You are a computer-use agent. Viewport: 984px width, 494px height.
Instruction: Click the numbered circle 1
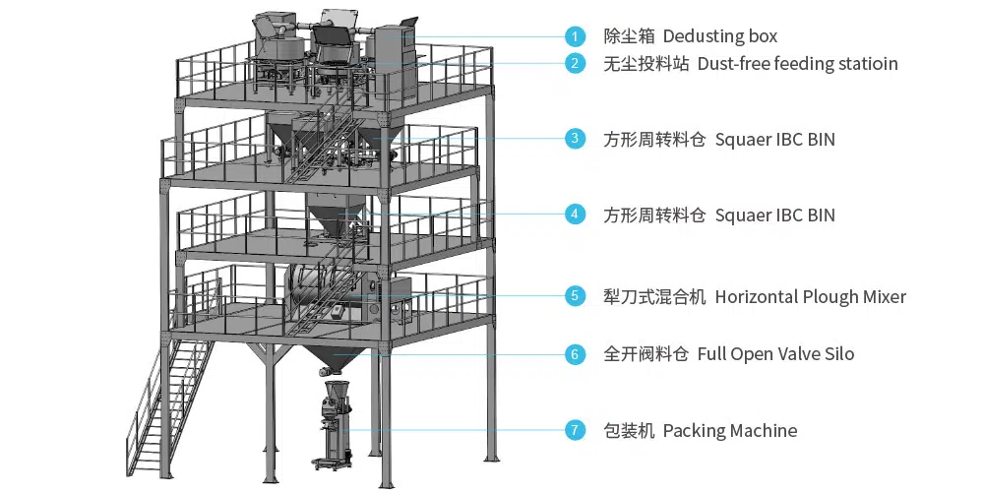pos(576,36)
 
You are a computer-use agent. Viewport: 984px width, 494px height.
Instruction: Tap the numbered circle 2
pos(576,64)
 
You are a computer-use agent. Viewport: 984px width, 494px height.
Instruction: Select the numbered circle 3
pos(576,139)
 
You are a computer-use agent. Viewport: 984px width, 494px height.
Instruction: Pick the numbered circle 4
pos(576,214)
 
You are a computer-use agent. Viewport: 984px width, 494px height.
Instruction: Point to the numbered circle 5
pos(576,296)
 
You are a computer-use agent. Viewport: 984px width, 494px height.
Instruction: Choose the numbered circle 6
pos(576,354)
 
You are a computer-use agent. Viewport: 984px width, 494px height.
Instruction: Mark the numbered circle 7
pos(576,430)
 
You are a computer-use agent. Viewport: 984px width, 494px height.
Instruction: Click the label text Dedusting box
pos(719,36)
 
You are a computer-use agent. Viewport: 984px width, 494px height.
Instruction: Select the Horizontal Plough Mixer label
pos(810,296)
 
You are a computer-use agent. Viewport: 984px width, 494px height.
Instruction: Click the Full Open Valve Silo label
pos(775,354)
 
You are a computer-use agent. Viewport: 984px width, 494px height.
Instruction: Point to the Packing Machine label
pos(729,430)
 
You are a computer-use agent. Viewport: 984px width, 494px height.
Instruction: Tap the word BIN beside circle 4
pos(820,214)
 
